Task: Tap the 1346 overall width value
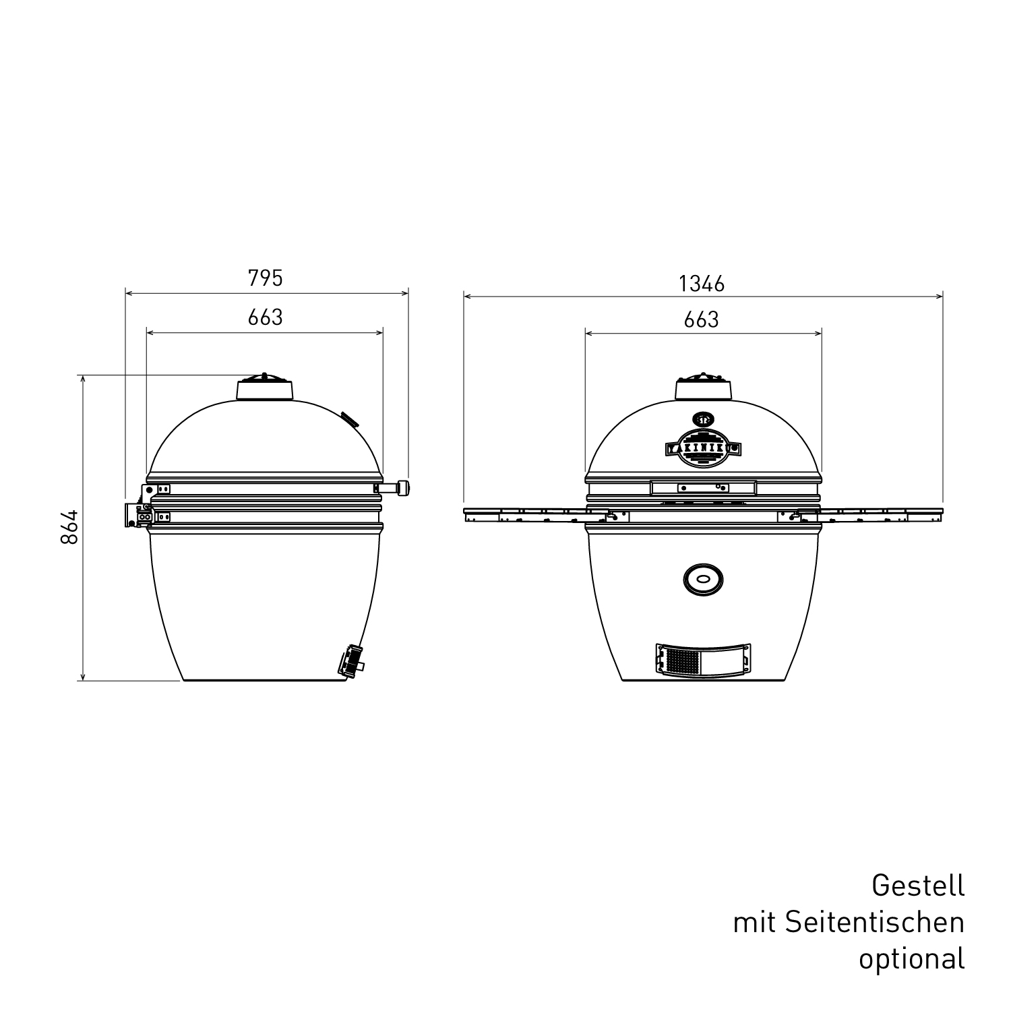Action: point(702,284)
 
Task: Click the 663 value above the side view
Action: point(265,317)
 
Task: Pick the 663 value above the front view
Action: point(702,319)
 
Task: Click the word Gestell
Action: point(917,885)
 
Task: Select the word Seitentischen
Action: point(874,922)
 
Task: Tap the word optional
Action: point(911,958)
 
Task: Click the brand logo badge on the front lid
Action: point(703,446)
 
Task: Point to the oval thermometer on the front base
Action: point(703,578)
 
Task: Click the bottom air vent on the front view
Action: point(703,659)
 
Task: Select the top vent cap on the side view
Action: point(265,388)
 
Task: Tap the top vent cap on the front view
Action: point(703,388)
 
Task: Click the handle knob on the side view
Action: point(404,487)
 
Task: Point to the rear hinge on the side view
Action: point(137,514)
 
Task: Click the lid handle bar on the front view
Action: point(703,487)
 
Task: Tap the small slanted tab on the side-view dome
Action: point(349,419)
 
